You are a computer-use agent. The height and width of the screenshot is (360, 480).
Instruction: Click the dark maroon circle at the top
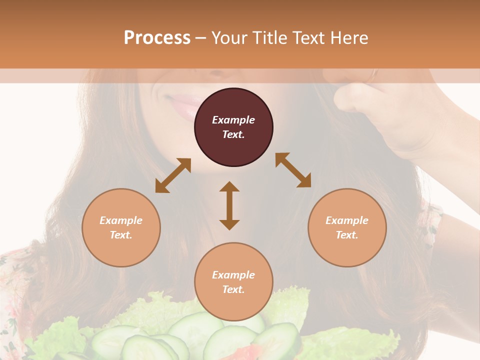coord(233,127)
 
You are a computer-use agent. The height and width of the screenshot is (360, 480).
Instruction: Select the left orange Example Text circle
coord(121,227)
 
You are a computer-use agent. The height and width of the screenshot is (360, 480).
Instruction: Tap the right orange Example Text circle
coord(347,227)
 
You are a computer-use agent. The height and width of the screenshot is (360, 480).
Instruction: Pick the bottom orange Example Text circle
coord(233,282)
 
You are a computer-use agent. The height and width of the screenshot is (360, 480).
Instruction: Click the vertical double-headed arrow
coord(229,205)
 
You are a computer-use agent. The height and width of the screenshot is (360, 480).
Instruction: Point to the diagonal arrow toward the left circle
coord(173,175)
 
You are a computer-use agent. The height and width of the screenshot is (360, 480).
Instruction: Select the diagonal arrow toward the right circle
coord(293,170)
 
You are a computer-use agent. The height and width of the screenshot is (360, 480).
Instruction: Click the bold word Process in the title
coord(157,38)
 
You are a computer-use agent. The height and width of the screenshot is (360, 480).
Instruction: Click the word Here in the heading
coord(349,38)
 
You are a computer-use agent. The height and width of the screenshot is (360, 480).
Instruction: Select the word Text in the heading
coord(309,38)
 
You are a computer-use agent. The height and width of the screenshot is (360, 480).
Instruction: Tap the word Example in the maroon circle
coord(233,120)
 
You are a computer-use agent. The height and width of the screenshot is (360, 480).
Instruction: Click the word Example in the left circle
coord(121,220)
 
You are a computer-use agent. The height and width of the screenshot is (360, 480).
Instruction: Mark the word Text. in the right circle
coord(347,235)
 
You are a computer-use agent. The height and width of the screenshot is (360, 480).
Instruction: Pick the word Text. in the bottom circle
coord(233,289)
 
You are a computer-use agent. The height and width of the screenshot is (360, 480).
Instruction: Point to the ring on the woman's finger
coord(372,75)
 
